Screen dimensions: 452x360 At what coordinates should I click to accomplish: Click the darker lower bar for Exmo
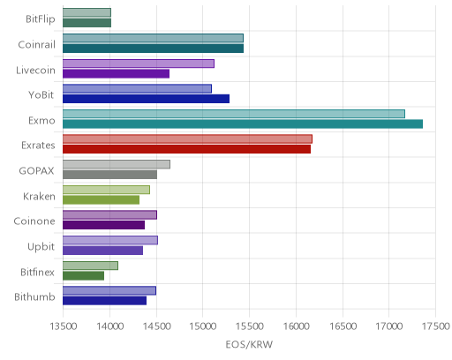pos(243,124)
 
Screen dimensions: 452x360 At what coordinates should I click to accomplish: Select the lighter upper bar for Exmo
pos(234,114)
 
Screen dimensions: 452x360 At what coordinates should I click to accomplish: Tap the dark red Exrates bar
pos(187,149)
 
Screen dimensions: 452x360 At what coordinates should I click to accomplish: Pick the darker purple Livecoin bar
pos(117,74)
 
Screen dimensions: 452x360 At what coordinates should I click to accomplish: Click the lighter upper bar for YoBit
pos(138,88)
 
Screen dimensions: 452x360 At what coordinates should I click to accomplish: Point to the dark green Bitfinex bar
pos(84,276)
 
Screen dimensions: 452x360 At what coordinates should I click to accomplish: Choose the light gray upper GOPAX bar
pos(117,164)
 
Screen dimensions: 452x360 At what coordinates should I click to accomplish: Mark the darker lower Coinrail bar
pos(154,49)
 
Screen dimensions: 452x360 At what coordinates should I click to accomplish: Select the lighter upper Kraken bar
pos(107,190)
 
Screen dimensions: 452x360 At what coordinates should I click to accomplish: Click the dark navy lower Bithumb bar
pos(105,301)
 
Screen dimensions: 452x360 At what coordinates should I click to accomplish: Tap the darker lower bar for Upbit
pos(103,251)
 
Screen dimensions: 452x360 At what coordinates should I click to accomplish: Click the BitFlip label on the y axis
pos(41,19)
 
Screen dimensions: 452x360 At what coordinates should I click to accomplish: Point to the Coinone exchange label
pos(34,221)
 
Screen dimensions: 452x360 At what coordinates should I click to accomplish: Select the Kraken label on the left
pos(39,196)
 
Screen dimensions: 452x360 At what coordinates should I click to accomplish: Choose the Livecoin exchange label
pos(35,70)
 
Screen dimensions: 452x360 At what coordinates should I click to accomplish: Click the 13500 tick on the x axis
pos(64,326)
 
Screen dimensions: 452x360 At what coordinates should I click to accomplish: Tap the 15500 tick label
pos(250,326)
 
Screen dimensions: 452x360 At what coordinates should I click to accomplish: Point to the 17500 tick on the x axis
pos(436,326)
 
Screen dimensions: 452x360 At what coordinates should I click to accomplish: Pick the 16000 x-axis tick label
pos(297,326)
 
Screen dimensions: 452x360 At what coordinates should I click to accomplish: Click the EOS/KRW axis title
pos(249,344)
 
